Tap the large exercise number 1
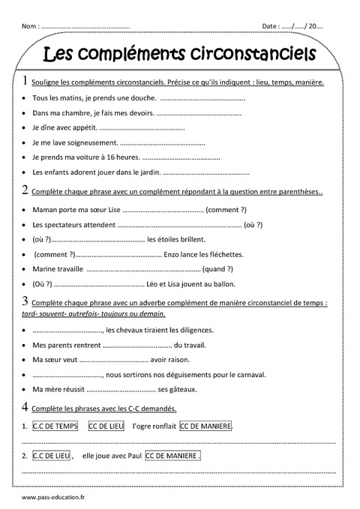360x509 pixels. tap(27, 81)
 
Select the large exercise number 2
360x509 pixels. tap(27, 190)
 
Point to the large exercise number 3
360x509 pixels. tap(27, 301)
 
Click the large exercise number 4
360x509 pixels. tap(27, 407)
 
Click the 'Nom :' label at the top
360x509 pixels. tap(31, 26)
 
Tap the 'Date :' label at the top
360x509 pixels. tap(271, 26)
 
